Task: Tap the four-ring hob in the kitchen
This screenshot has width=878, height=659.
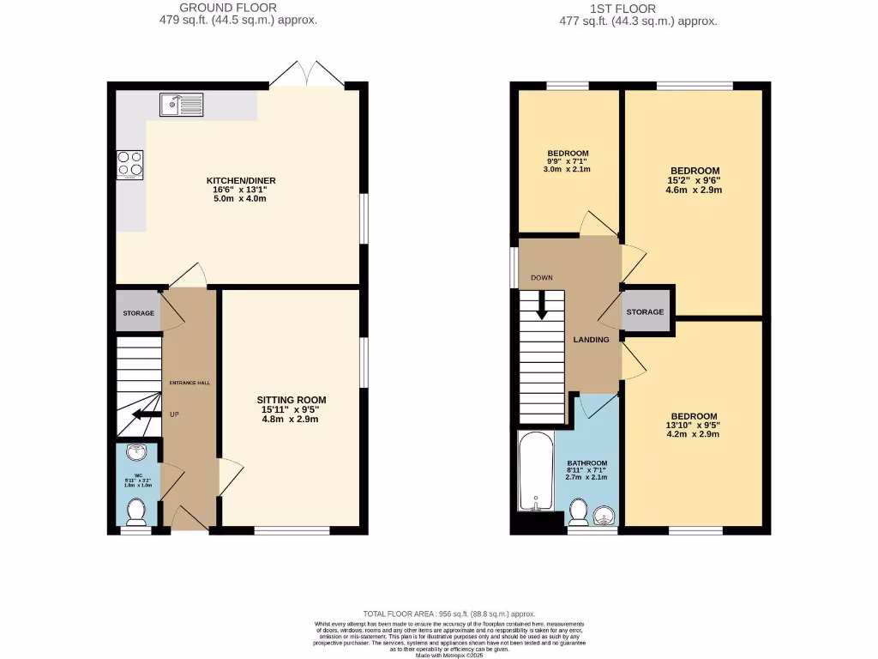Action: pos(129,163)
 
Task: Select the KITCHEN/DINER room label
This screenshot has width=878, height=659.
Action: pos(241,180)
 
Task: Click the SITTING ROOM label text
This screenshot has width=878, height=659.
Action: pos(292,401)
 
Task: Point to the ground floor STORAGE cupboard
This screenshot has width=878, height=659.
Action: pos(137,313)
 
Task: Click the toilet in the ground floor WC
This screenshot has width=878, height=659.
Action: pos(135,512)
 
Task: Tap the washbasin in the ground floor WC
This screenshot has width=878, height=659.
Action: pos(135,452)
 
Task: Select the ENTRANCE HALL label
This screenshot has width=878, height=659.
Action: pos(189,383)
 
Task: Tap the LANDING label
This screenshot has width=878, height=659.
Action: pos(591,340)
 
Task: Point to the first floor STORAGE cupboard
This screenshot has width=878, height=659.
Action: pos(645,311)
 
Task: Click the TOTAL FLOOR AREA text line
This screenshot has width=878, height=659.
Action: pos(449,614)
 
